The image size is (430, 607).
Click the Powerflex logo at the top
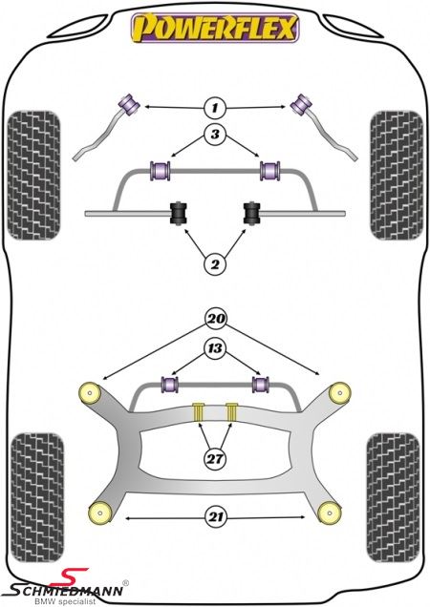[214, 28]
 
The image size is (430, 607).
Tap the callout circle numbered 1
[215, 107]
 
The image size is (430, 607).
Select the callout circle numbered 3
[215, 135]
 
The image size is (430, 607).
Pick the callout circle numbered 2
[215, 264]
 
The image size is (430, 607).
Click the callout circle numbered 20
[216, 319]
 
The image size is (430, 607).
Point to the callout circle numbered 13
[216, 348]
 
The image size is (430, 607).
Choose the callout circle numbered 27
[216, 459]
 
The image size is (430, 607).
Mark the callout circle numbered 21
[216, 516]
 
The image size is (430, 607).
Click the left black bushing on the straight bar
[179, 213]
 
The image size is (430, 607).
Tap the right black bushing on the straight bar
[252, 213]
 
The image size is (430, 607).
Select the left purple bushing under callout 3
[161, 170]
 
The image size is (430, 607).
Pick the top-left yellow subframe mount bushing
[90, 393]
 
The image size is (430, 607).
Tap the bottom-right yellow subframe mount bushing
[330, 513]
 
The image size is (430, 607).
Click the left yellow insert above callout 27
[199, 412]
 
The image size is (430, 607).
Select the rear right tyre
[393, 497]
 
